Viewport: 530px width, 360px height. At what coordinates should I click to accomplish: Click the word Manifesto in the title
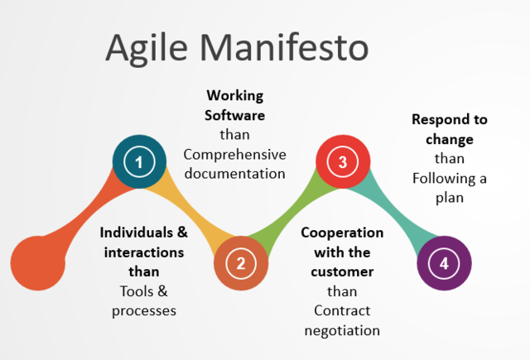pyautogui.click(x=288, y=47)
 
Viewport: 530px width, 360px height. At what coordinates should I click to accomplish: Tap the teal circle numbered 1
pyautogui.click(x=139, y=161)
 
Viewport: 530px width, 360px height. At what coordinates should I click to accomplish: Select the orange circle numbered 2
pyautogui.click(x=241, y=264)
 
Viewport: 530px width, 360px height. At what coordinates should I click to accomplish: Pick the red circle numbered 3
pyautogui.click(x=343, y=161)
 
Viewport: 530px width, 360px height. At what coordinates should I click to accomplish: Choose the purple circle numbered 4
pyautogui.click(x=445, y=264)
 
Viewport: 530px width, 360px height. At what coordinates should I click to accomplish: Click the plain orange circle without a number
pyautogui.click(x=38, y=263)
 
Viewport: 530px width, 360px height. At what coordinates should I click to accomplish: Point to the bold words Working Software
pyautogui.click(x=235, y=104)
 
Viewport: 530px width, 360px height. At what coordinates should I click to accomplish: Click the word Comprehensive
pyautogui.click(x=235, y=154)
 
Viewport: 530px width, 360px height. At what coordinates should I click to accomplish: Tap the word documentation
pyautogui.click(x=235, y=173)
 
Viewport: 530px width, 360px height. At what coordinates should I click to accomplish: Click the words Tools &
pyautogui.click(x=144, y=290)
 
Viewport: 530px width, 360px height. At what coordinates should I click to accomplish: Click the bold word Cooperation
pyautogui.click(x=342, y=233)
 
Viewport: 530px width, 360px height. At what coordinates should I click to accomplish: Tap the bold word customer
pyautogui.click(x=342, y=271)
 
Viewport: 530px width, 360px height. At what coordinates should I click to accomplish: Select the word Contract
pyautogui.click(x=342, y=310)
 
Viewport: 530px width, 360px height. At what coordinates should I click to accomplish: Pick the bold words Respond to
pyautogui.click(x=450, y=119)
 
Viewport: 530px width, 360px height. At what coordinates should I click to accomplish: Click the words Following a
pyautogui.click(x=450, y=178)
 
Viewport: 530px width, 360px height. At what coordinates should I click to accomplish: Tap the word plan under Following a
pyautogui.click(x=450, y=198)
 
